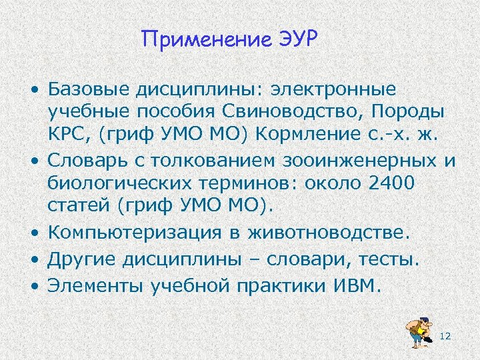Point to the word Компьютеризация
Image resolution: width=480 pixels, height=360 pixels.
point(131,233)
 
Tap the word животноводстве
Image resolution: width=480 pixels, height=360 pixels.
point(325,233)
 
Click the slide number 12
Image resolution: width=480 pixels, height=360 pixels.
point(446,337)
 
